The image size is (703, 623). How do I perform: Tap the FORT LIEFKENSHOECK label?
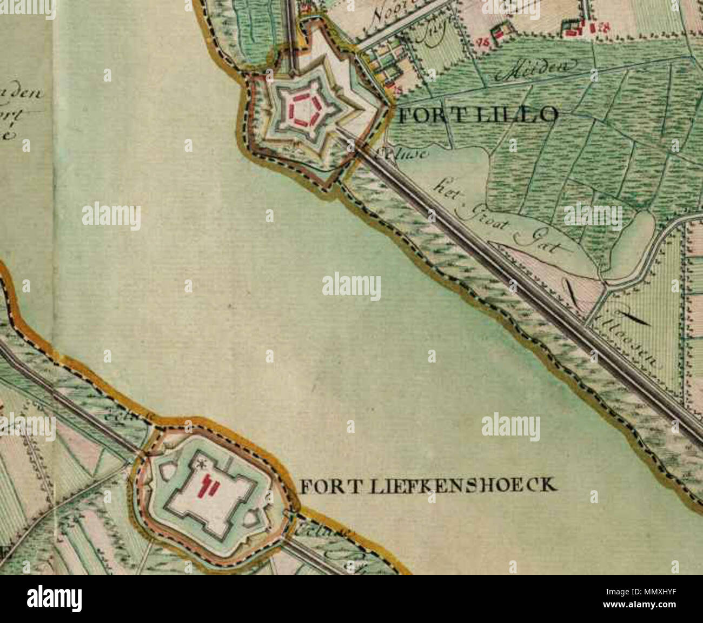pos(427,485)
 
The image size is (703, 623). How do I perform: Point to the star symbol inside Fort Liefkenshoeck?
pos(203,464)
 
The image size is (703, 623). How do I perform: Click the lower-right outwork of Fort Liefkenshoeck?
pos(252,520)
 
